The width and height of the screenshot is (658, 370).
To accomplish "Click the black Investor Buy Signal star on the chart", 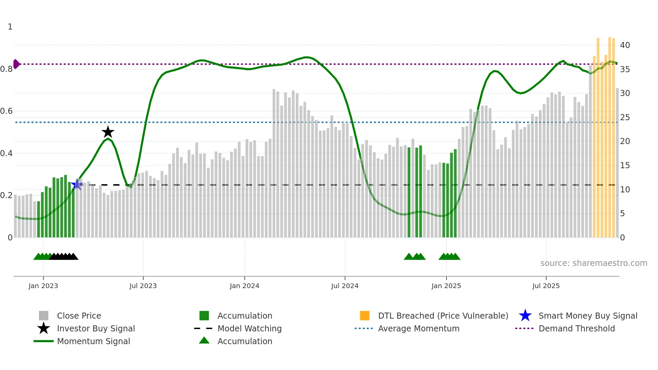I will (x=108, y=132).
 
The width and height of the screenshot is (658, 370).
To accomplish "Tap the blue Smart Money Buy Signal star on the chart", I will (x=77, y=184).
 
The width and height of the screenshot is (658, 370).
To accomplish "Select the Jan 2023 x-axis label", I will (x=43, y=286).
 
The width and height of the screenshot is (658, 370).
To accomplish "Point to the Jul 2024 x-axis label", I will (x=345, y=286).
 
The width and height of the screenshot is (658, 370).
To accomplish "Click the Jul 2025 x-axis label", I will (x=546, y=286).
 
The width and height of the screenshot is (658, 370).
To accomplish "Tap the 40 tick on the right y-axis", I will (x=625, y=45).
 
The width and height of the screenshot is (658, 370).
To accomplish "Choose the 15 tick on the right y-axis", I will (x=625, y=165).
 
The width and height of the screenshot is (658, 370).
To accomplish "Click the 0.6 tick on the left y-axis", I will (x=6, y=111).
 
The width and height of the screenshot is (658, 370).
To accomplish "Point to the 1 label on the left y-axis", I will (x=10, y=27).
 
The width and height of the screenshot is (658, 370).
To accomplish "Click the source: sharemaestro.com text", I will (x=594, y=263).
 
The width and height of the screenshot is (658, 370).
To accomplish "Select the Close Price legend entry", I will (x=79, y=316).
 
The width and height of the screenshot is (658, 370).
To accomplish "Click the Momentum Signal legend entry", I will (x=93, y=341).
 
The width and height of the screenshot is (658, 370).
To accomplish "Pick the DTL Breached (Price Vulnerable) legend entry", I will (x=443, y=316).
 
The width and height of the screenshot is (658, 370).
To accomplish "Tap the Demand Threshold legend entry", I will (x=576, y=328).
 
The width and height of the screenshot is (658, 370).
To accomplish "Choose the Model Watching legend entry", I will (x=249, y=328).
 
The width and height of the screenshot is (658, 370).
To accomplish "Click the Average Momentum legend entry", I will (x=419, y=328).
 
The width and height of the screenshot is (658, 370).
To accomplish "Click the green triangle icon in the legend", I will (x=204, y=340).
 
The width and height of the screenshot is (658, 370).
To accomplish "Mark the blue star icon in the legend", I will (x=525, y=316).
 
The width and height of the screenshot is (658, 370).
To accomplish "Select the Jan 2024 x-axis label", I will (x=244, y=286).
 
